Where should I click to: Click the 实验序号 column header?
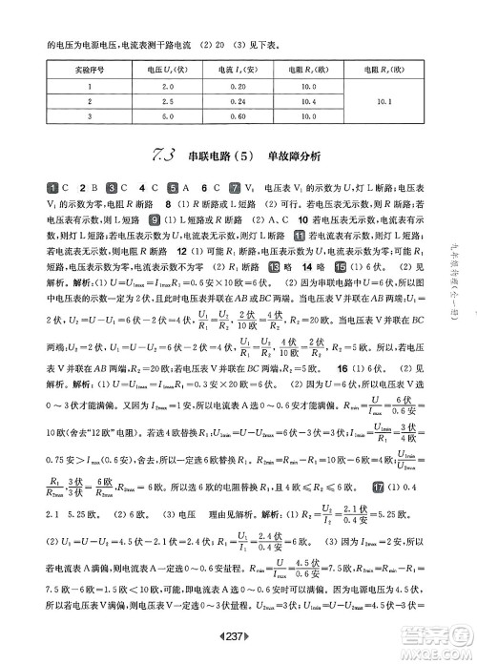(88, 70)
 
